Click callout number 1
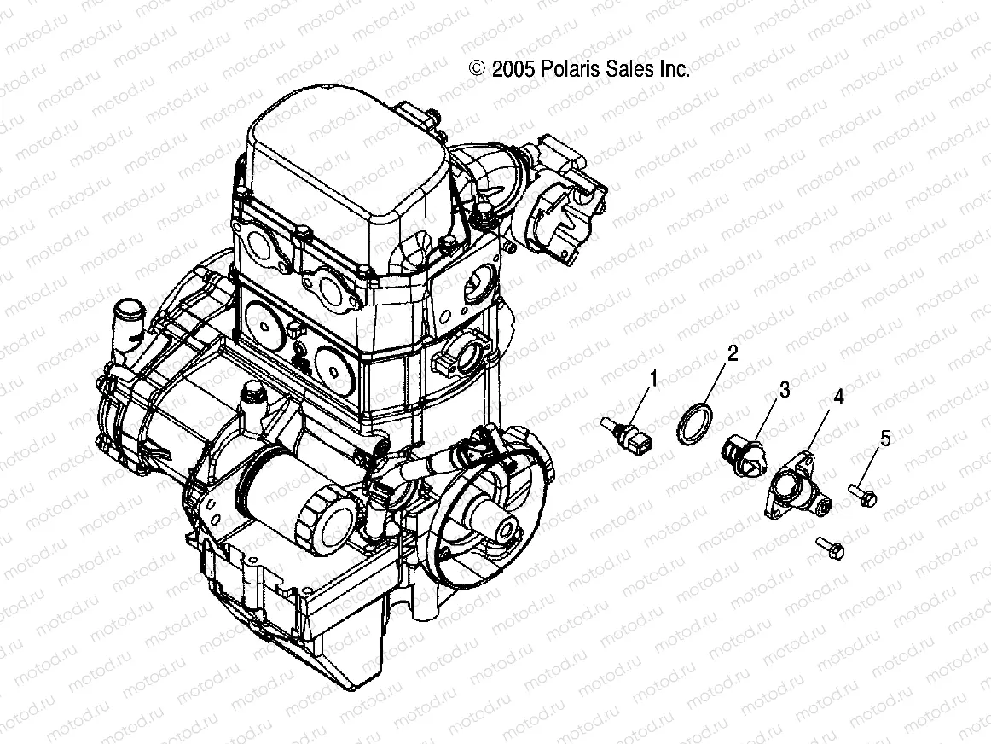pyautogui.click(x=654, y=376)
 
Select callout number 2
pyautogui.click(x=731, y=352)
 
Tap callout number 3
pyautogui.click(x=784, y=390)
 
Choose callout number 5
pyautogui.click(x=885, y=439)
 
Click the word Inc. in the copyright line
pyautogui.click(x=673, y=70)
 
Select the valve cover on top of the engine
pyautogui.click(x=345, y=171)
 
